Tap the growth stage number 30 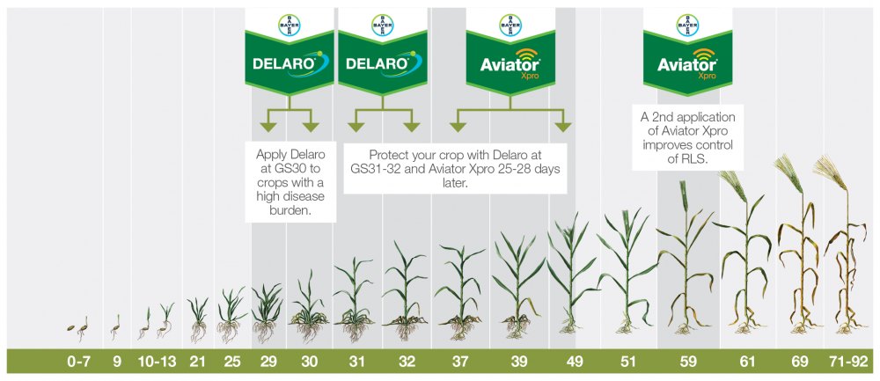[309, 362]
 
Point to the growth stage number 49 [575, 362]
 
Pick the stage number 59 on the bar [688, 362]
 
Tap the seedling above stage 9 [115, 327]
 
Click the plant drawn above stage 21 [197, 319]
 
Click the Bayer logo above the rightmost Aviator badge [687, 26]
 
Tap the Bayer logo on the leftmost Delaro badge [290, 26]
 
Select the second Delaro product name [376, 63]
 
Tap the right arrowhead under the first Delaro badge [311, 127]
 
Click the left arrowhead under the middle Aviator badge [458, 127]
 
